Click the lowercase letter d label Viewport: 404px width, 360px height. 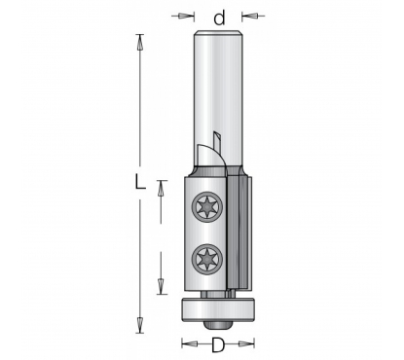[219, 18]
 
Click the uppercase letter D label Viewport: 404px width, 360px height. [218, 344]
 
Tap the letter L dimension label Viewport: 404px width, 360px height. [140, 182]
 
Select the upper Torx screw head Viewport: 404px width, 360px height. [207, 206]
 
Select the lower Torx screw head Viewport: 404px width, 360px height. [207, 259]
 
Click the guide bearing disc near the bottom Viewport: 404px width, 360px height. [217, 309]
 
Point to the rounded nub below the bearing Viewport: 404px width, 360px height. [217, 325]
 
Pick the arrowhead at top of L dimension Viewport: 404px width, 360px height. [140, 42]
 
